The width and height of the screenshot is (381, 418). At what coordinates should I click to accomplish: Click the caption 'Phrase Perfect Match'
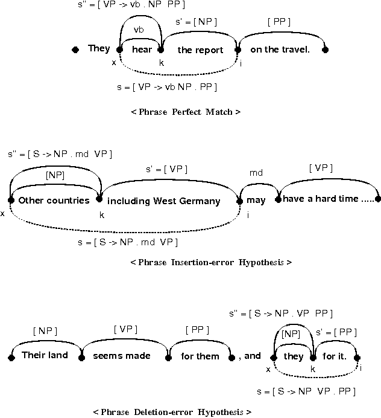coord(186,112)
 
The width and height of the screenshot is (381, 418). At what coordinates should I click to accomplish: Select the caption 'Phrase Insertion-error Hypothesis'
coord(211,262)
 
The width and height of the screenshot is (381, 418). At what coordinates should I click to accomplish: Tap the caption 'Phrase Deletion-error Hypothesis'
coord(172,412)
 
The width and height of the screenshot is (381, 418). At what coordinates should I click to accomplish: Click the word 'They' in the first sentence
coord(99,48)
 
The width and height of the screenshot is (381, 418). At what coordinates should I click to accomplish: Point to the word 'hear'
coord(142,50)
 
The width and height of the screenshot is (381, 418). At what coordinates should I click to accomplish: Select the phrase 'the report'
coord(200,50)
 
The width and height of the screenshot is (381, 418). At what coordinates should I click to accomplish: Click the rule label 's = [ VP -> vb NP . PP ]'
coord(167,87)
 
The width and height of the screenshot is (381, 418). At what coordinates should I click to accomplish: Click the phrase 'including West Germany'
coord(164,201)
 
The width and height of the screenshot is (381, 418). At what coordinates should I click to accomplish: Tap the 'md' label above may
coord(256,173)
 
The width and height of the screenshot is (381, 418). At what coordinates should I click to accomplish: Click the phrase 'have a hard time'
coord(320,199)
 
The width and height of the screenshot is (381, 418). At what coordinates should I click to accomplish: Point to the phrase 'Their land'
coord(44,355)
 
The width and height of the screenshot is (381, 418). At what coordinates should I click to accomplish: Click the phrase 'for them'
coord(200,356)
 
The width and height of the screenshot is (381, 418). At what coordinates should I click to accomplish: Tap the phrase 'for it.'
coord(335,356)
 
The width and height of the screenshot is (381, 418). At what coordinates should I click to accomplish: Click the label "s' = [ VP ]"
coord(163,169)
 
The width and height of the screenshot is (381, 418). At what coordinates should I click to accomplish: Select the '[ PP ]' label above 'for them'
coord(197,330)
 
